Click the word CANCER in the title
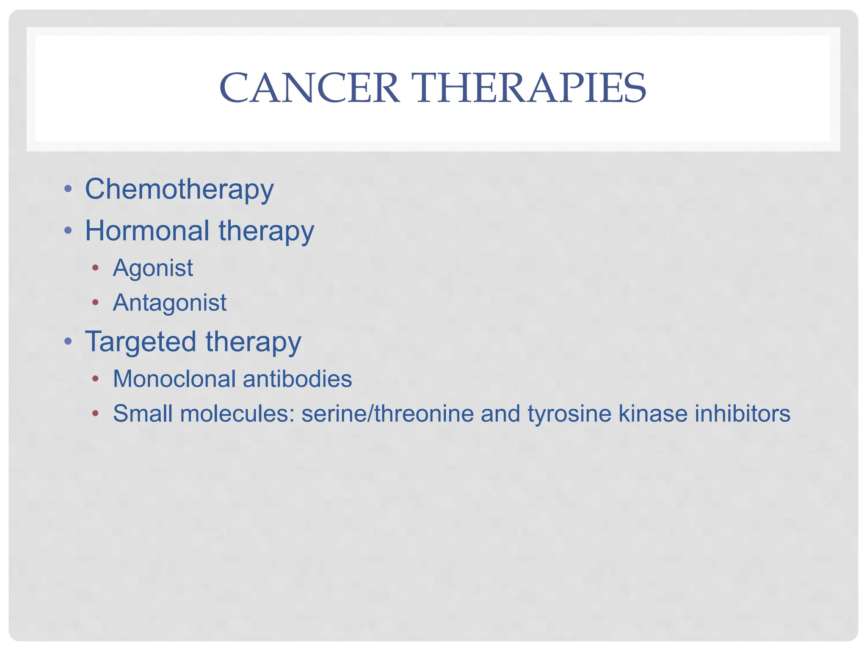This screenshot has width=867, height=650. [309, 88]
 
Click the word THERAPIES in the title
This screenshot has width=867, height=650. [531, 88]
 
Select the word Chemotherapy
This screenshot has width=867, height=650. [179, 190]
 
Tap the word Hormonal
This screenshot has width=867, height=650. [147, 231]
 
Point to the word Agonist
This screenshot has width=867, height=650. [153, 268]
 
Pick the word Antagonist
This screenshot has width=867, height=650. [170, 303]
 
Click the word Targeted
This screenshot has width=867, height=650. [141, 342]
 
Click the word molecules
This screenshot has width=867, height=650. [237, 413]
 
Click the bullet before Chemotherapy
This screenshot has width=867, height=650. [68, 189]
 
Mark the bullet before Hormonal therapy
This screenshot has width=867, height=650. [68, 231]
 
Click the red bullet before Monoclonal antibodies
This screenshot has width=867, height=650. [96, 378]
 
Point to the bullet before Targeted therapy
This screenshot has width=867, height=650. [68, 341]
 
